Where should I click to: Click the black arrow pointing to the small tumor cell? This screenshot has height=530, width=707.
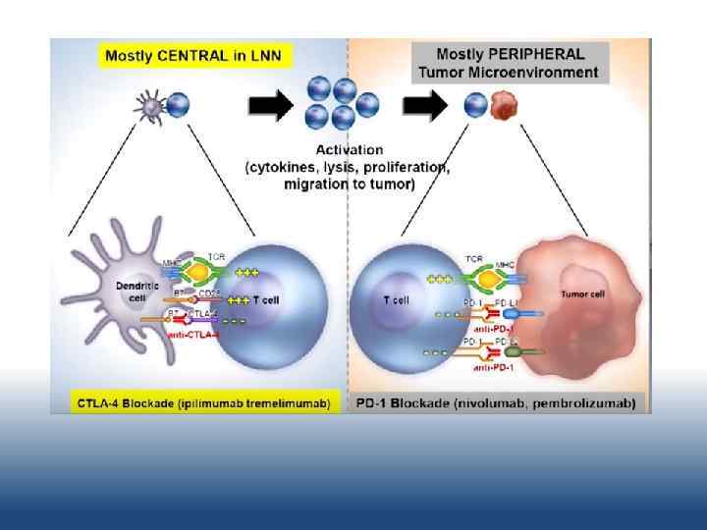[424, 105]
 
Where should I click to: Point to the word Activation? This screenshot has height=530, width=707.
[349, 150]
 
